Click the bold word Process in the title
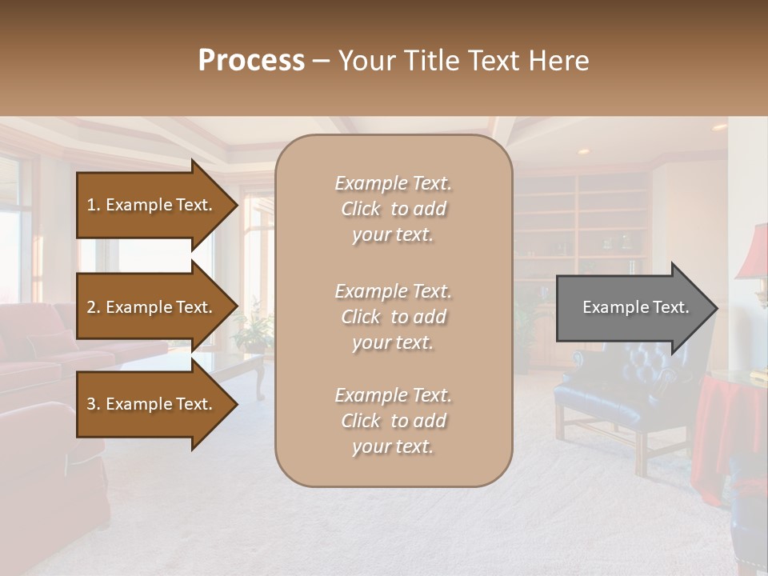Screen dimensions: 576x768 pyautogui.click(x=251, y=61)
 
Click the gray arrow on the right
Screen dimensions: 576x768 pyautogui.click(x=631, y=308)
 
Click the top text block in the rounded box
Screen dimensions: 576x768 pyautogui.click(x=393, y=209)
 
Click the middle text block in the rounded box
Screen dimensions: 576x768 pyautogui.click(x=393, y=317)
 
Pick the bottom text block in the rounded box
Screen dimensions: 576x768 pyautogui.click(x=393, y=421)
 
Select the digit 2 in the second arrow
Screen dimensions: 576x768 pyautogui.click(x=90, y=307)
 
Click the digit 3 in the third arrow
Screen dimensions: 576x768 pyautogui.click(x=90, y=404)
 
